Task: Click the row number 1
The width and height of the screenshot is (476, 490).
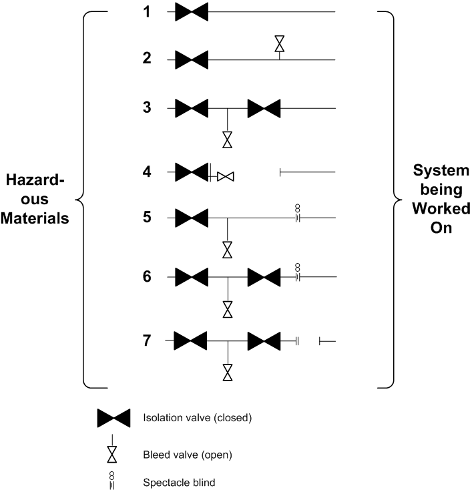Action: [147, 11]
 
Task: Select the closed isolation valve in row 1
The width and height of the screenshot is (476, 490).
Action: [192, 11]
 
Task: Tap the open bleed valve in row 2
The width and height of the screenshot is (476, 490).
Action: [279, 44]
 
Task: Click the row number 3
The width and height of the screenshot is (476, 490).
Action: [147, 107]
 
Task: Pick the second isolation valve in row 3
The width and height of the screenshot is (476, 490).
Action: [264, 108]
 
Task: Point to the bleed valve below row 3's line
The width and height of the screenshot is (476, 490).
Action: [228, 140]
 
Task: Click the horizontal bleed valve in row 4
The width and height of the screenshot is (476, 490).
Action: [226, 176]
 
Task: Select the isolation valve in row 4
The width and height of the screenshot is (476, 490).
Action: [192, 172]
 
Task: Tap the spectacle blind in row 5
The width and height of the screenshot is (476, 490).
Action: [298, 214]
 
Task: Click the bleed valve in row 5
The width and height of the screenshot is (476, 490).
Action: [228, 250]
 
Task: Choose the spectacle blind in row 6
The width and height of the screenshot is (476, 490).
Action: [298, 272]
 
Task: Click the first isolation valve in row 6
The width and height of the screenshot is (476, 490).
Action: [192, 276]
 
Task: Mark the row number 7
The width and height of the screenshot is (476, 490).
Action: [147, 340]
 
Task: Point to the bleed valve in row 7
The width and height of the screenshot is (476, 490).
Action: [228, 373]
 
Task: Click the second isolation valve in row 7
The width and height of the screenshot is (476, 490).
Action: [264, 341]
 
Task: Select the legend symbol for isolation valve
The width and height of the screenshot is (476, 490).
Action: [114, 419]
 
